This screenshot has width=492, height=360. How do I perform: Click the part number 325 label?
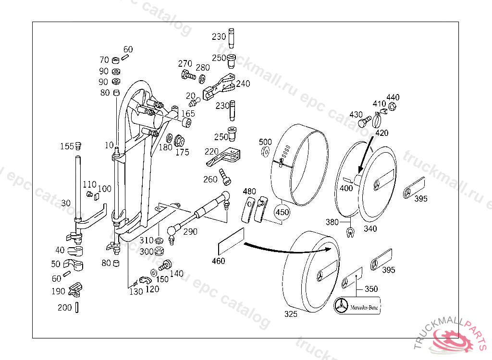point(291,314)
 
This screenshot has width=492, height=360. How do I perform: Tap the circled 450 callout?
point(282,211)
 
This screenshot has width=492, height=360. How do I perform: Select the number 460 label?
point(218,261)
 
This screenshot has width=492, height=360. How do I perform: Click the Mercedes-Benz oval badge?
point(357,306)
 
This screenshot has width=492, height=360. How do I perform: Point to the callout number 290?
point(190,232)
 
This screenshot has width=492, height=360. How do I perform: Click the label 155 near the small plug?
point(67,146)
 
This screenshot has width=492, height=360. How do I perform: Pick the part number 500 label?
point(265,142)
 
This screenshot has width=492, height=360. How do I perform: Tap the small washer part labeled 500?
point(264,152)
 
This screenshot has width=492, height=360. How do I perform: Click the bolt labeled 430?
point(365,122)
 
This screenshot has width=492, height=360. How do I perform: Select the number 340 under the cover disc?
point(370,229)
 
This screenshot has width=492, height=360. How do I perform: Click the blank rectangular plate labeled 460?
point(231,240)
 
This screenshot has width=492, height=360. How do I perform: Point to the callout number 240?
point(243,84)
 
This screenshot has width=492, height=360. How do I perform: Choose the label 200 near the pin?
point(64,308)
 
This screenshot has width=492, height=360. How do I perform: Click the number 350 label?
point(371,289)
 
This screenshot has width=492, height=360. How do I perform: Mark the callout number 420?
point(381,133)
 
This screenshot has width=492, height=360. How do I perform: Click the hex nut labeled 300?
point(160,251)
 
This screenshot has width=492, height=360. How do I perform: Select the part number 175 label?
point(182,153)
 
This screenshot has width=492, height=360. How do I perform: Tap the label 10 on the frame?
point(109,145)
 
